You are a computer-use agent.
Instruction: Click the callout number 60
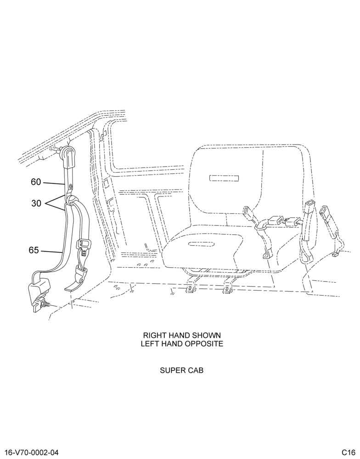pos(36,182)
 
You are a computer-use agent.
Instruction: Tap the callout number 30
pos(36,203)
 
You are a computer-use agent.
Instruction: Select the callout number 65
pos(34,250)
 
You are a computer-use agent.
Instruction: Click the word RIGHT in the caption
pos(152,335)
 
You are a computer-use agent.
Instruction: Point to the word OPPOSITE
pos(205,344)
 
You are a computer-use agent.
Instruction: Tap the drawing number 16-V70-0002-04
pos(32,452)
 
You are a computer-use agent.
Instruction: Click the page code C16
pos(348,452)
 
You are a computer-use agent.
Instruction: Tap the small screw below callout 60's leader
pos(70,186)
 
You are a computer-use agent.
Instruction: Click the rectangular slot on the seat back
pos(224,178)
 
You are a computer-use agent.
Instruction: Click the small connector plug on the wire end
pos(335,255)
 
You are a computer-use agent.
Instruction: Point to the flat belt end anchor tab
pos(73,286)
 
